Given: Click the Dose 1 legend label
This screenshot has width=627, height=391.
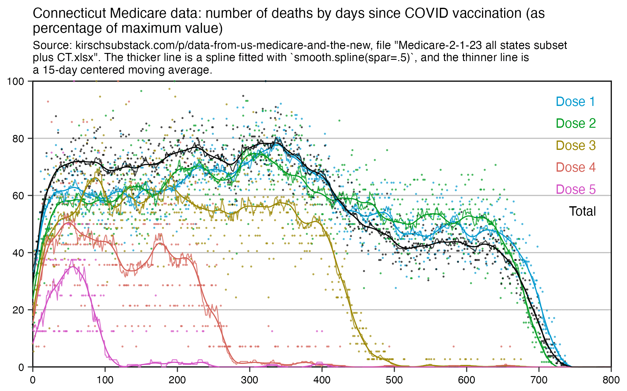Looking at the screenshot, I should pos(575,102).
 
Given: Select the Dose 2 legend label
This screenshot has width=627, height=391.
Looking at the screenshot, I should pos(576,123).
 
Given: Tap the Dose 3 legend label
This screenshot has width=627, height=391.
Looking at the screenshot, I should pos(576,145).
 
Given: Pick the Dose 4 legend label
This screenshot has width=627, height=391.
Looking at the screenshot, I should pos(576,167).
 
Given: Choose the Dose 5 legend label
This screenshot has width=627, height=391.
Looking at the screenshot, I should pos(576,189).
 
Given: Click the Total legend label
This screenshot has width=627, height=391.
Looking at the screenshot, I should pos(582,211).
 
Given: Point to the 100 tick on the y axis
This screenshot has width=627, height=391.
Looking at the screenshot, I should pos(16,81).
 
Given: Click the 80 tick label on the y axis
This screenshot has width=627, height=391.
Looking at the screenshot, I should pos(18,139).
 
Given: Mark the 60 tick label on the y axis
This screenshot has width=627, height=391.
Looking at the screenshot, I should pos(18,196).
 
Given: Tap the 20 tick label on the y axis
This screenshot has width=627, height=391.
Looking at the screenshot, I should pos(18,310).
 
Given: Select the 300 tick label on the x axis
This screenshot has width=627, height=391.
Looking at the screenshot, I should pos(249,380).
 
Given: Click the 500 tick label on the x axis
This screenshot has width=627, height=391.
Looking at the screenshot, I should pos(394,380).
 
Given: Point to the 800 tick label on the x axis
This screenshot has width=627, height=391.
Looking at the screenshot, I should pos(611,380).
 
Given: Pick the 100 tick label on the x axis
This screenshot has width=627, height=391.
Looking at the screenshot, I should pos(105,380).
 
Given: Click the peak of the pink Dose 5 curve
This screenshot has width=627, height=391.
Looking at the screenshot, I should pos(73,267).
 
